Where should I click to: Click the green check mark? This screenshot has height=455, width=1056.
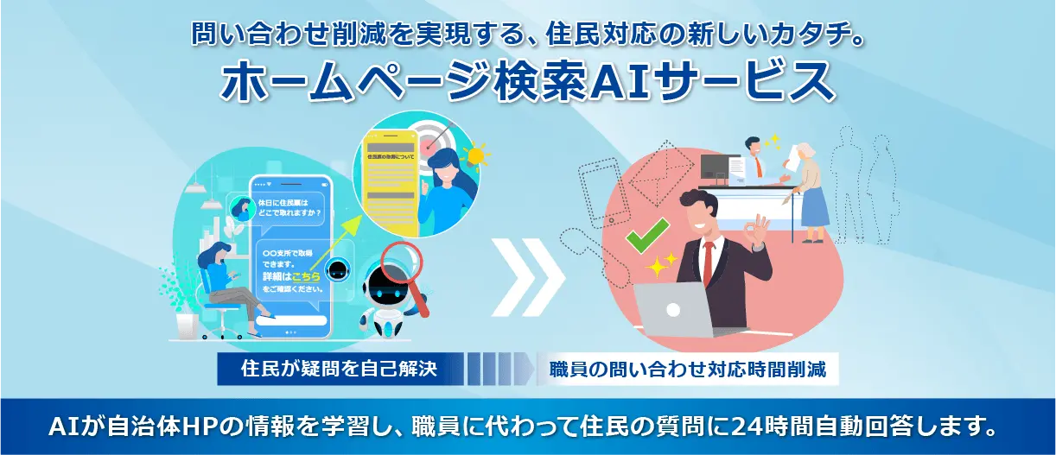point(647,234)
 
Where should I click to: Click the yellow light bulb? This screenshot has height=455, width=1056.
point(474,158)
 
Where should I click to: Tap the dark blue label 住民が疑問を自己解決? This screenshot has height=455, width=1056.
point(340,370)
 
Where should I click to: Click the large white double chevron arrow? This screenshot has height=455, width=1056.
point(529,275)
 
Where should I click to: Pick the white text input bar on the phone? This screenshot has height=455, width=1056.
point(291,320)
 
